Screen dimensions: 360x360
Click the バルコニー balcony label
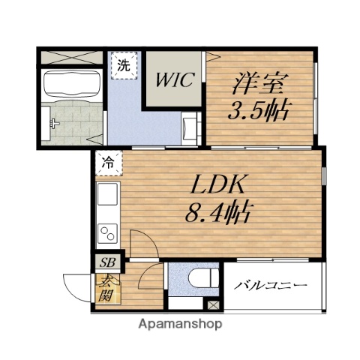[x=270, y=286]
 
